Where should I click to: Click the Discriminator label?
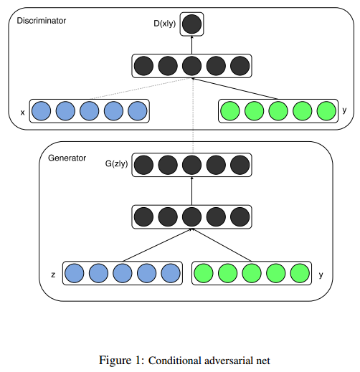tap(42, 21)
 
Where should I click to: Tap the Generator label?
tap(67, 158)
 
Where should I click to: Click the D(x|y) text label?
tap(164, 24)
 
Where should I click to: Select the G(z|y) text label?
tap(116, 164)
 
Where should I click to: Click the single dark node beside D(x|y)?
tap(191, 24)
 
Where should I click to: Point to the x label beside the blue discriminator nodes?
tap(22, 113)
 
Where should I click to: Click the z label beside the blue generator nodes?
tap(53, 275)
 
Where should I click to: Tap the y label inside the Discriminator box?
tap(344, 110)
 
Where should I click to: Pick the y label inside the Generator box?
tap(321, 275)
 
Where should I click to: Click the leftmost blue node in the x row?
tap(42, 111)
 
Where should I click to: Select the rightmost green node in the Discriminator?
tap(326, 111)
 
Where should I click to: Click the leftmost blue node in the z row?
tap(75, 273)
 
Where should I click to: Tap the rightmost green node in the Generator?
tap(300, 273)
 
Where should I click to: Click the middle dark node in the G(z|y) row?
tap(191, 165)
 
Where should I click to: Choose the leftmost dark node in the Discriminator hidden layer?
tap(143, 66)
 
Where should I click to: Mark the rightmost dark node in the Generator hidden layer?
tap(240, 217)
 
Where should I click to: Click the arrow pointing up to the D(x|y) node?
tap(191, 45)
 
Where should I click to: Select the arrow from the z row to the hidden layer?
tap(157, 245)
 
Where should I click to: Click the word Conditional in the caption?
tap(174, 361)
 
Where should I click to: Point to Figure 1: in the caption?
tap(121, 361)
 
